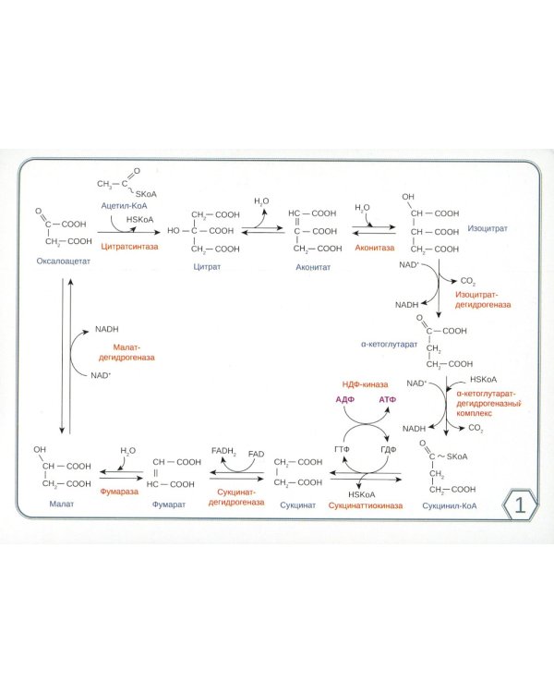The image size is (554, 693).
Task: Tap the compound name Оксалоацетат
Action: (x=64, y=261)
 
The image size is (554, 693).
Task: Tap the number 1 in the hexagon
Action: (x=520, y=505)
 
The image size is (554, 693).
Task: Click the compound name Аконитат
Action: (x=313, y=266)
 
